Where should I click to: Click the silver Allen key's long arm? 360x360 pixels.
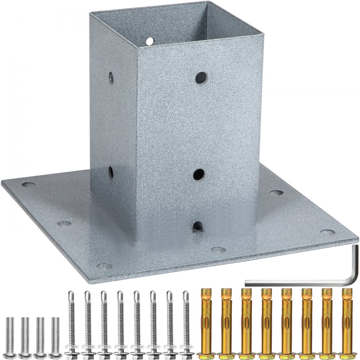tap(295, 281)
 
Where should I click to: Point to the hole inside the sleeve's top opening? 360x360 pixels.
tap(150, 41)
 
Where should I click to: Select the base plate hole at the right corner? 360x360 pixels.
tap(326, 233)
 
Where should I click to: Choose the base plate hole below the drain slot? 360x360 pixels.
tap(217, 249)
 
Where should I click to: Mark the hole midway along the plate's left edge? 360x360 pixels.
tap(63, 223)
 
